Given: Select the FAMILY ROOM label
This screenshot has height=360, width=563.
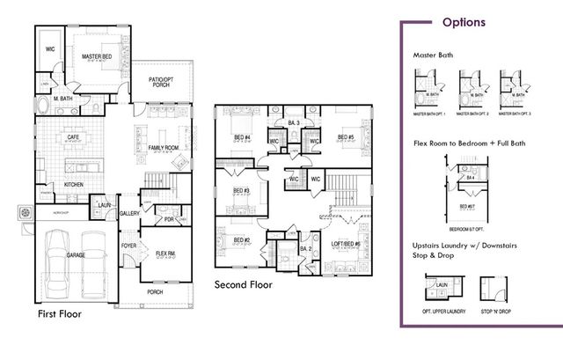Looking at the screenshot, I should (162, 147).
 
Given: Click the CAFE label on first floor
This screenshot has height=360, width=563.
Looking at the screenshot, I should (75, 137).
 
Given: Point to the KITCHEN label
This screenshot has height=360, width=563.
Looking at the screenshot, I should (74, 184).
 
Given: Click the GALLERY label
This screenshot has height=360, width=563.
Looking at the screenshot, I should (130, 212).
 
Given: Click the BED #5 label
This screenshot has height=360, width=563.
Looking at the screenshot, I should (345, 137).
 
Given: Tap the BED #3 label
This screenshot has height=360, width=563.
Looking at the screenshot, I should (241, 191).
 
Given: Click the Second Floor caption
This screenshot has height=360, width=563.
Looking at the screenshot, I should (244, 284).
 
